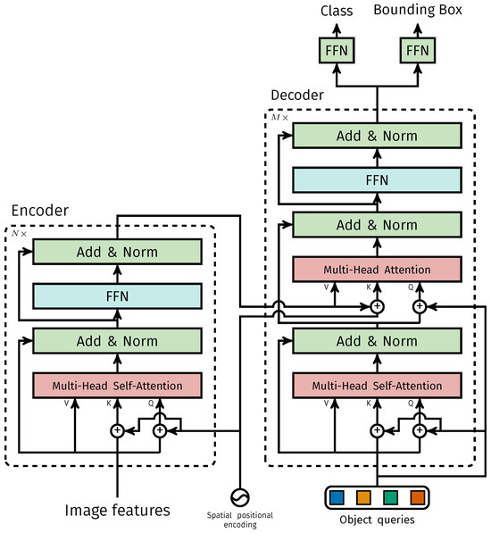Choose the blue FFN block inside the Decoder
[x=375, y=179]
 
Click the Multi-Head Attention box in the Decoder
[x=375, y=269]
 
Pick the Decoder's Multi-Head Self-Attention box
[x=375, y=385]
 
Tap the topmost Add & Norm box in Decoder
[x=375, y=136]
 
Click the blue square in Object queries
[x=335, y=496]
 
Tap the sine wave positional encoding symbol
[x=241, y=497]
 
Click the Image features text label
[x=116, y=510]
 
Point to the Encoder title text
[x=39, y=211]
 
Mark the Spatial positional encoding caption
[x=241, y=520]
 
